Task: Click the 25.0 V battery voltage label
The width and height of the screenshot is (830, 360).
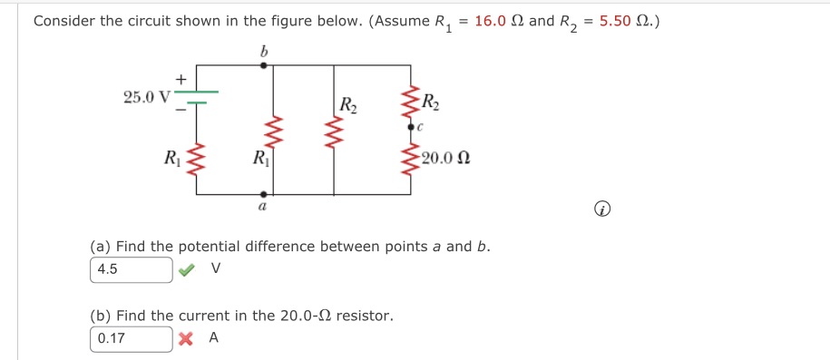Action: point(145,95)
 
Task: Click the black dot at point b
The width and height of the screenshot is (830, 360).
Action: point(263,66)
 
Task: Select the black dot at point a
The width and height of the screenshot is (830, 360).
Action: point(263,193)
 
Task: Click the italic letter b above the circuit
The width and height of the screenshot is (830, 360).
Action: point(263,53)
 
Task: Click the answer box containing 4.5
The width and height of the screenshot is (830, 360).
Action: point(132,269)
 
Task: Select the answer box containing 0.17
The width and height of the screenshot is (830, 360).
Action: point(132,338)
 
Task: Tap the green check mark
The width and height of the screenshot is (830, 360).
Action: point(186,269)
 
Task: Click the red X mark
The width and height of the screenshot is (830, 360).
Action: point(186,338)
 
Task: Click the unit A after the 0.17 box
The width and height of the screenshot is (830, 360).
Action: point(214,338)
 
